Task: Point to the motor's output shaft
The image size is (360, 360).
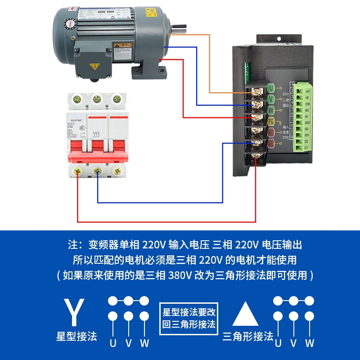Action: click(179, 31)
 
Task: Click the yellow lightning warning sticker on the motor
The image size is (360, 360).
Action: click(94, 67)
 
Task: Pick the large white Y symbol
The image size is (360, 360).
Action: click(74, 313)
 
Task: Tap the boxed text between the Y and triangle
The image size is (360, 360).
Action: click(189, 318)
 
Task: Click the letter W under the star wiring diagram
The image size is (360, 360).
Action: click(144, 343)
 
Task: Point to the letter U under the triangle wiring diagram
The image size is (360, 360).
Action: click(278, 343)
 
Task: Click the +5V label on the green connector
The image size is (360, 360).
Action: click(307, 90)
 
